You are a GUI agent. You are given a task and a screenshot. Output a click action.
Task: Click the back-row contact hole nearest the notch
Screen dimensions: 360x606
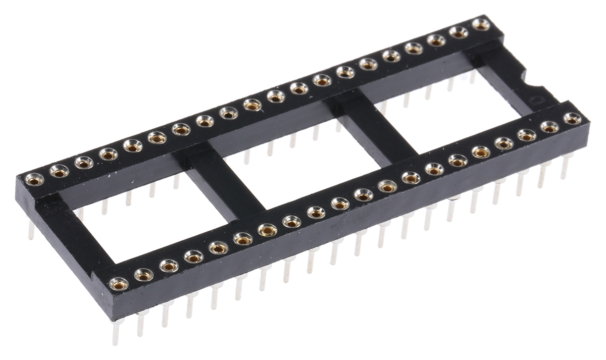pos(481,24)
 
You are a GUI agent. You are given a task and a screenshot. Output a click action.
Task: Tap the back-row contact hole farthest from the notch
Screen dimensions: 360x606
pos(35,178)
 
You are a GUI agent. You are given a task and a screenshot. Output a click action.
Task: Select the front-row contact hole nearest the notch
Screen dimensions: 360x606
pos(572,119)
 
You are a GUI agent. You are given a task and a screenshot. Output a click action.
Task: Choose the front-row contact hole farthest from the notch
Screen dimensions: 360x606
pos(119,284)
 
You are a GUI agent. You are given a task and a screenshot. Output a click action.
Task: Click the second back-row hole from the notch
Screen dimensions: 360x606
pos(459,32)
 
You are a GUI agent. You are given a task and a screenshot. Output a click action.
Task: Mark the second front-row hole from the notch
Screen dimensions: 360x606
pos(549,127)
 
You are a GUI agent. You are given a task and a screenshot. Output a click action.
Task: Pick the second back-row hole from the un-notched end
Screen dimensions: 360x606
pos(59,171)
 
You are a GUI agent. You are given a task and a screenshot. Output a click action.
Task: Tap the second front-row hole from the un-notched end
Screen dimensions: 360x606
pos(144,275)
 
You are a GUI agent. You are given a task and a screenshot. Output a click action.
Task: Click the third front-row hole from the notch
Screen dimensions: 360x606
pos(527,135)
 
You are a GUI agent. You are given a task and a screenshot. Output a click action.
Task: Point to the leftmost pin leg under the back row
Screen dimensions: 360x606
pos(31,230)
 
